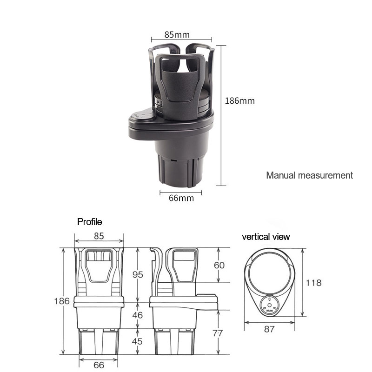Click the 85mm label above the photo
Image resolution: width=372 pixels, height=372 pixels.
point(177,35)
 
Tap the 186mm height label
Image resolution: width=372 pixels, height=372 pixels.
point(239,100)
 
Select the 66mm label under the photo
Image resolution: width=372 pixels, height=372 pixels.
point(181,198)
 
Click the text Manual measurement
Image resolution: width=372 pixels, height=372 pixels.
point(309,175)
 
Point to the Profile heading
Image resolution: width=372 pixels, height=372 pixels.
point(89,222)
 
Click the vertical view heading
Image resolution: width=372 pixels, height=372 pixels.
point(266,237)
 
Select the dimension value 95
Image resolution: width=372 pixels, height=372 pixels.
point(138,274)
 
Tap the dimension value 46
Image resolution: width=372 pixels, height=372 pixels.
point(138,315)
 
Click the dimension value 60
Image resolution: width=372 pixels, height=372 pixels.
point(219,265)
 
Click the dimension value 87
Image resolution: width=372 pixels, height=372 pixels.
point(269,329)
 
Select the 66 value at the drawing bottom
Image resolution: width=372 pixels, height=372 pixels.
point(99,365)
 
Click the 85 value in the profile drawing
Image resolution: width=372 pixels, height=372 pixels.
point(99,236)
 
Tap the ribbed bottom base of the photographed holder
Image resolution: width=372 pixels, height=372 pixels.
point(177,170)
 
